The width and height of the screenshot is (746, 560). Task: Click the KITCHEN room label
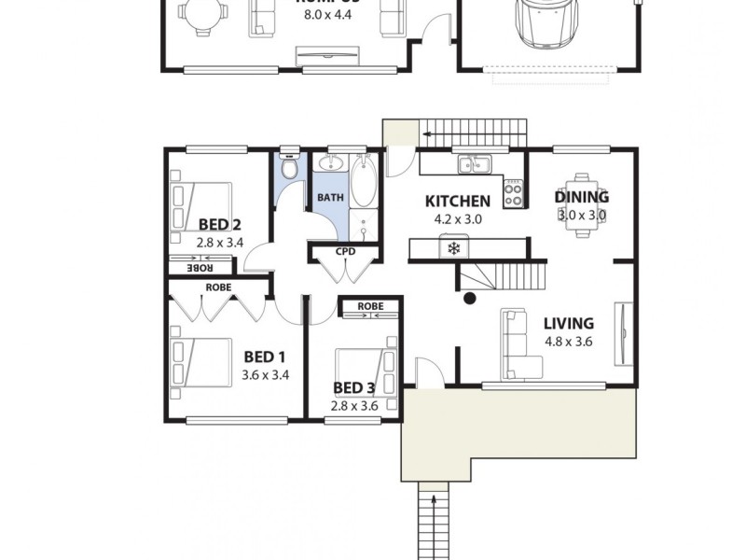pos(457,201)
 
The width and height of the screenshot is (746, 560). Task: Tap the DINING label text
pos(582,197)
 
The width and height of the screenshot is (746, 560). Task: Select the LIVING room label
pos(568,324)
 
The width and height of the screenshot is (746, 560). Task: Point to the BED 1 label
pos(264,357)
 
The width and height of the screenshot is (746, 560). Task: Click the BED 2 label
pos(220,224)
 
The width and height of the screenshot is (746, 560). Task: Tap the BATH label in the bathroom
pos(330,198)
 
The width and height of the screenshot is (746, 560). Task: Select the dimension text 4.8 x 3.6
pos(569,342)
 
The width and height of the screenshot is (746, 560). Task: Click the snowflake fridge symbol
pos(454,248)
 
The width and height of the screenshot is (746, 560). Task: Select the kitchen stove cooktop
pos(513,193)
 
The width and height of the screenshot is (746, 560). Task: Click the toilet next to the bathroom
pos(290,168)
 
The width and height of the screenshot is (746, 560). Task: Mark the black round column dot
pos(470,299)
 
